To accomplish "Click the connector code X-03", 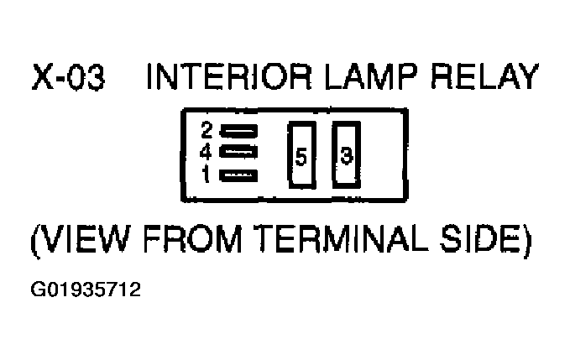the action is [x=68, y=76].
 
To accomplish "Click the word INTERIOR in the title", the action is [x=229, y=76].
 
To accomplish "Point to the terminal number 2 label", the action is [x=207, y=130].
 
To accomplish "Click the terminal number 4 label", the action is [x=206, y=153].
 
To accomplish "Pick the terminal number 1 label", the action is [x=207, y=175].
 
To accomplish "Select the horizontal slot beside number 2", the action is [x=238, y=131].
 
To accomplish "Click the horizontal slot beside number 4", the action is [x=238, y=152].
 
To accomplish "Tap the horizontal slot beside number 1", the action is [x=238, y=176].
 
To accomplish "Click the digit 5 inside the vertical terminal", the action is [x=301, y=157].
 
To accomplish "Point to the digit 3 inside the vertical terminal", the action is [x=347, y=155].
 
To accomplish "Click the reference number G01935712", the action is [x=86, y=290].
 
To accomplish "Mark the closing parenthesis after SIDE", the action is [x=526, y=241].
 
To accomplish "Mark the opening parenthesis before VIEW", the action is [x=35, y=241].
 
